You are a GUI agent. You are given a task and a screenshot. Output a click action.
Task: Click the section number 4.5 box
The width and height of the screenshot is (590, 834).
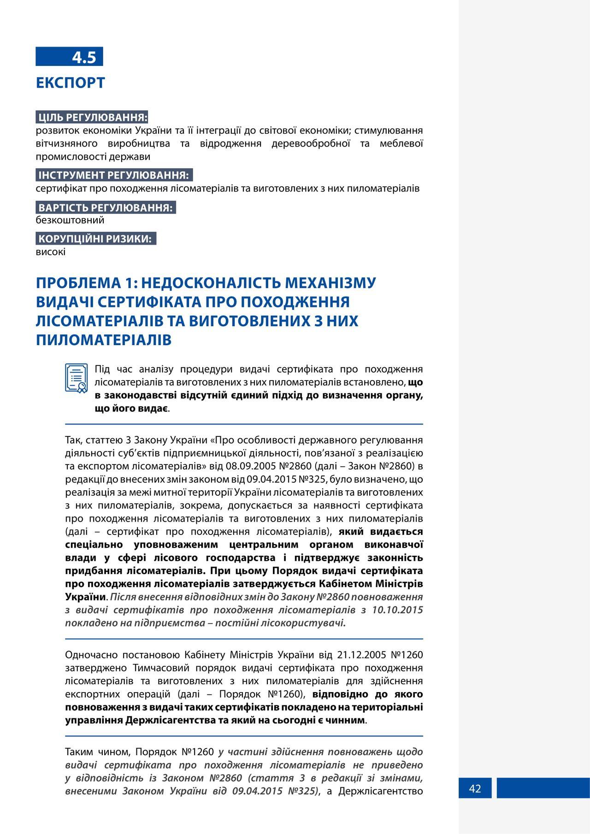coord(70,57)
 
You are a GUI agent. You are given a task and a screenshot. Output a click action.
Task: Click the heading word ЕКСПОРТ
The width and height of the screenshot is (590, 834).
coord(71,83)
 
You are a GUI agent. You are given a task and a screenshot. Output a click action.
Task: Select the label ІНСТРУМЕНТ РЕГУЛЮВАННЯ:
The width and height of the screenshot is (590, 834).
coord(114,175)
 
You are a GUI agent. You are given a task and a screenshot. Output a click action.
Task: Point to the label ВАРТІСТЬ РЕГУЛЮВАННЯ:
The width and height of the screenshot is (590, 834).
coord(106,207)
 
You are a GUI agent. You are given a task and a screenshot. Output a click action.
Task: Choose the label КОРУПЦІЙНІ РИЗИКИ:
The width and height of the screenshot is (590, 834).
coord(95,239)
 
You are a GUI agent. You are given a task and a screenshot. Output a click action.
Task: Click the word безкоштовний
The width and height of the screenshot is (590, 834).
coord(70,220)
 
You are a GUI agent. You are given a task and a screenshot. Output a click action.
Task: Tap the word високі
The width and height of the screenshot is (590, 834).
coord(51,252)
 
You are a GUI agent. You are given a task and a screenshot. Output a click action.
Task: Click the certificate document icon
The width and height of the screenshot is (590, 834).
coord(77,378)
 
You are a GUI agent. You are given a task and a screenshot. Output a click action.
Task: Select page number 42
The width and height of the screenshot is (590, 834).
coord(475,788)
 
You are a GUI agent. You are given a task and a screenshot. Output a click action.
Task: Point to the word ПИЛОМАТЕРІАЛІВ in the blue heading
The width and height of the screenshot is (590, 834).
coord(104,340)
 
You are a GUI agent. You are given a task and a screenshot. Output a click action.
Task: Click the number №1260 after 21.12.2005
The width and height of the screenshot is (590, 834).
coord(407,655)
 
